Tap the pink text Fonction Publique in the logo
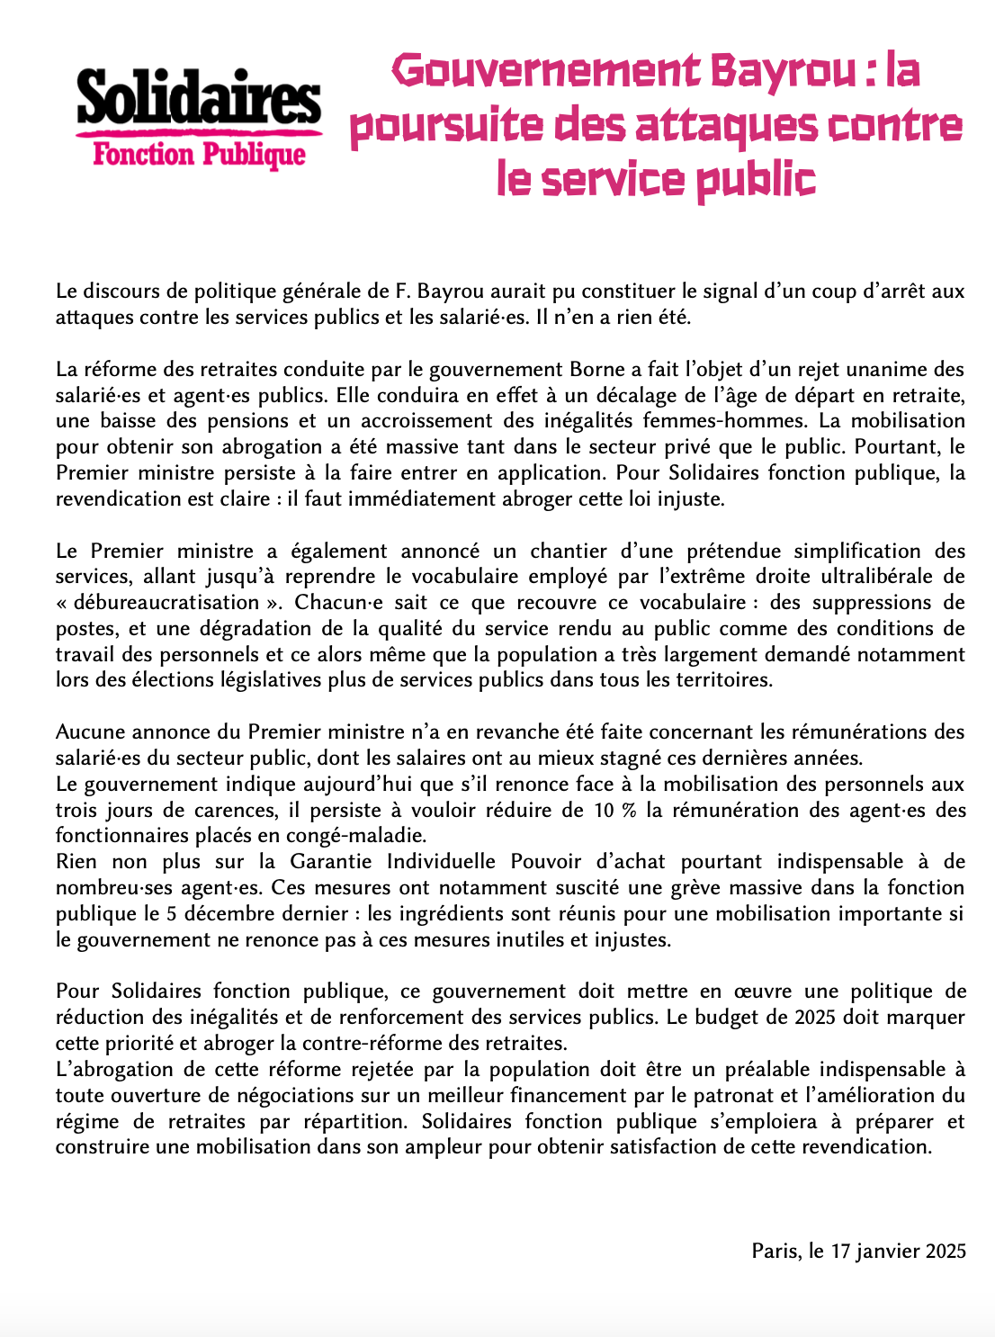point(199,155)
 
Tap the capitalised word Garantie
point(329,862)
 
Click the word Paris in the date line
point(775,1252)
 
